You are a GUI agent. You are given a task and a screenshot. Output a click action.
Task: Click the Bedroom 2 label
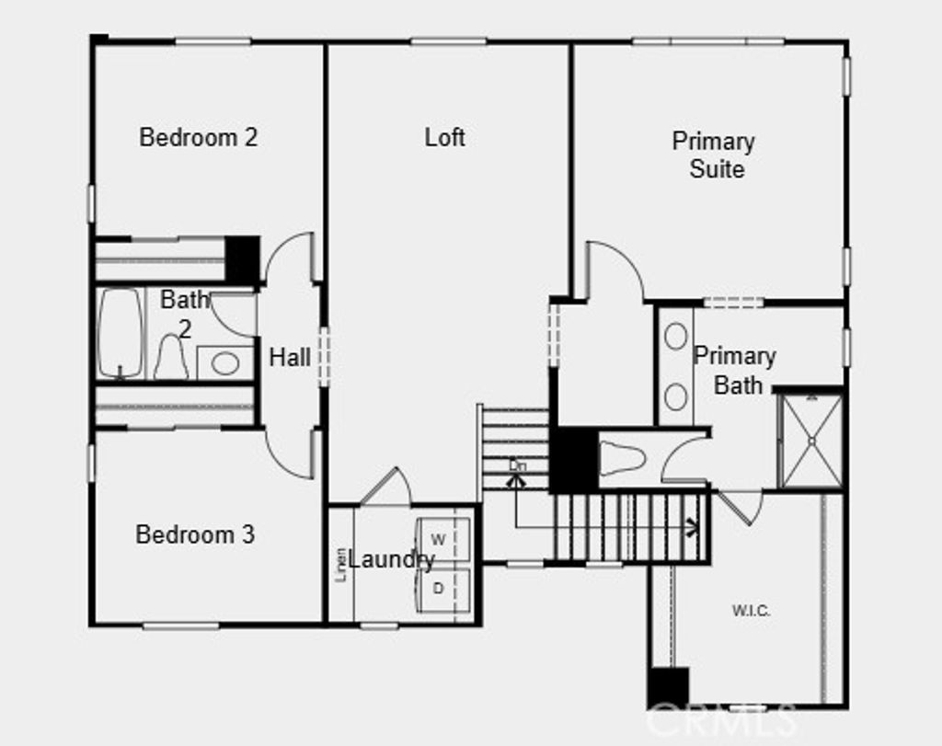(198, 138)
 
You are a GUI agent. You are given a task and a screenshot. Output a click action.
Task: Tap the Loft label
(444, 138)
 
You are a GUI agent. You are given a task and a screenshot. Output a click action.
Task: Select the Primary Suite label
(714, 155)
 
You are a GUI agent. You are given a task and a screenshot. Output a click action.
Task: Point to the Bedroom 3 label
(195, 534)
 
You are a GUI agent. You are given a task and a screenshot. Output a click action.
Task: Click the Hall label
(289, 358)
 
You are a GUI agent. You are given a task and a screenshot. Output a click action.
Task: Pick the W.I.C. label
(751, 611)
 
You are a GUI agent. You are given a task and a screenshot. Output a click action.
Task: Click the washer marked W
(439, 539)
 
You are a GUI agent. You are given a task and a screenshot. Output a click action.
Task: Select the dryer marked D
(439, 588)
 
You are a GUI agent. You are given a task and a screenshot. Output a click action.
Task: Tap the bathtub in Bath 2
(121, 333)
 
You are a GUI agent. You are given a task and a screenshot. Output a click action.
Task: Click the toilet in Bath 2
(171, 357)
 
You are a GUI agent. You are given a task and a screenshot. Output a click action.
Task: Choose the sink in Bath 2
(224, 363)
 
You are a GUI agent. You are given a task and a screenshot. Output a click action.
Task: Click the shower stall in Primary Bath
(810, 441)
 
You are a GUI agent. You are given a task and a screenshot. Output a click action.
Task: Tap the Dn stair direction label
(518, 465)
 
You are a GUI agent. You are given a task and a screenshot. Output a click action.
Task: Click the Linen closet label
(341, 564)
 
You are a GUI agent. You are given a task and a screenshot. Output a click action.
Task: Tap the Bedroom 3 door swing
(291, 453)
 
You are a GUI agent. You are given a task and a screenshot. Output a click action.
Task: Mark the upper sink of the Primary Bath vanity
(676, 336)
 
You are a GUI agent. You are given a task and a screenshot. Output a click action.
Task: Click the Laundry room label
(390, 559)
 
